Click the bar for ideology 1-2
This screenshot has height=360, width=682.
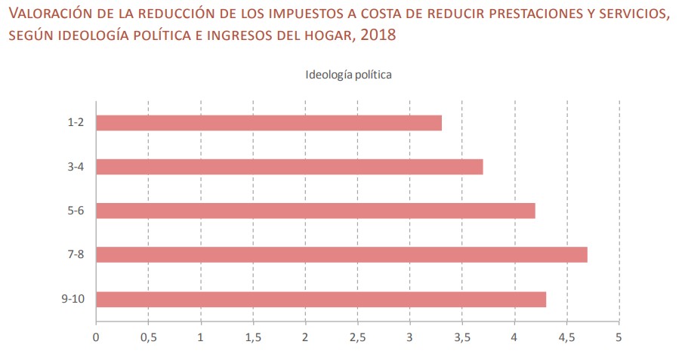point(269,122)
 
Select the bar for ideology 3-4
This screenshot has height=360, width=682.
point(289,166)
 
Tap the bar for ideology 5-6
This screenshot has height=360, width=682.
point(316,211)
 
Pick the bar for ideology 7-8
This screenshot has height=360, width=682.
point(341,255)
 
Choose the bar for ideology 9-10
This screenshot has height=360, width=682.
point(321,299)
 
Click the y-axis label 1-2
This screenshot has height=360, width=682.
point(75,122)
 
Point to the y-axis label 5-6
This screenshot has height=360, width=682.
point(75,211)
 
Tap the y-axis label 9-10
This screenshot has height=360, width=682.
point(73,299)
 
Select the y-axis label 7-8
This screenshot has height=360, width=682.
point(75,255)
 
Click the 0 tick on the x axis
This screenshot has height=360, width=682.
point(96,337)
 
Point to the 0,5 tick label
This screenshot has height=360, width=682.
point(148,337)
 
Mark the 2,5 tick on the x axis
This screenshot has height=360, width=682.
point(357,337)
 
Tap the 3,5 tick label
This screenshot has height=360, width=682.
point(462,337)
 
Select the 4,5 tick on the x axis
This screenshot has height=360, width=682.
point(566,337)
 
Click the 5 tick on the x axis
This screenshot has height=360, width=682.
point(619,337)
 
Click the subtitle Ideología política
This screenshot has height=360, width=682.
point(348,75)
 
